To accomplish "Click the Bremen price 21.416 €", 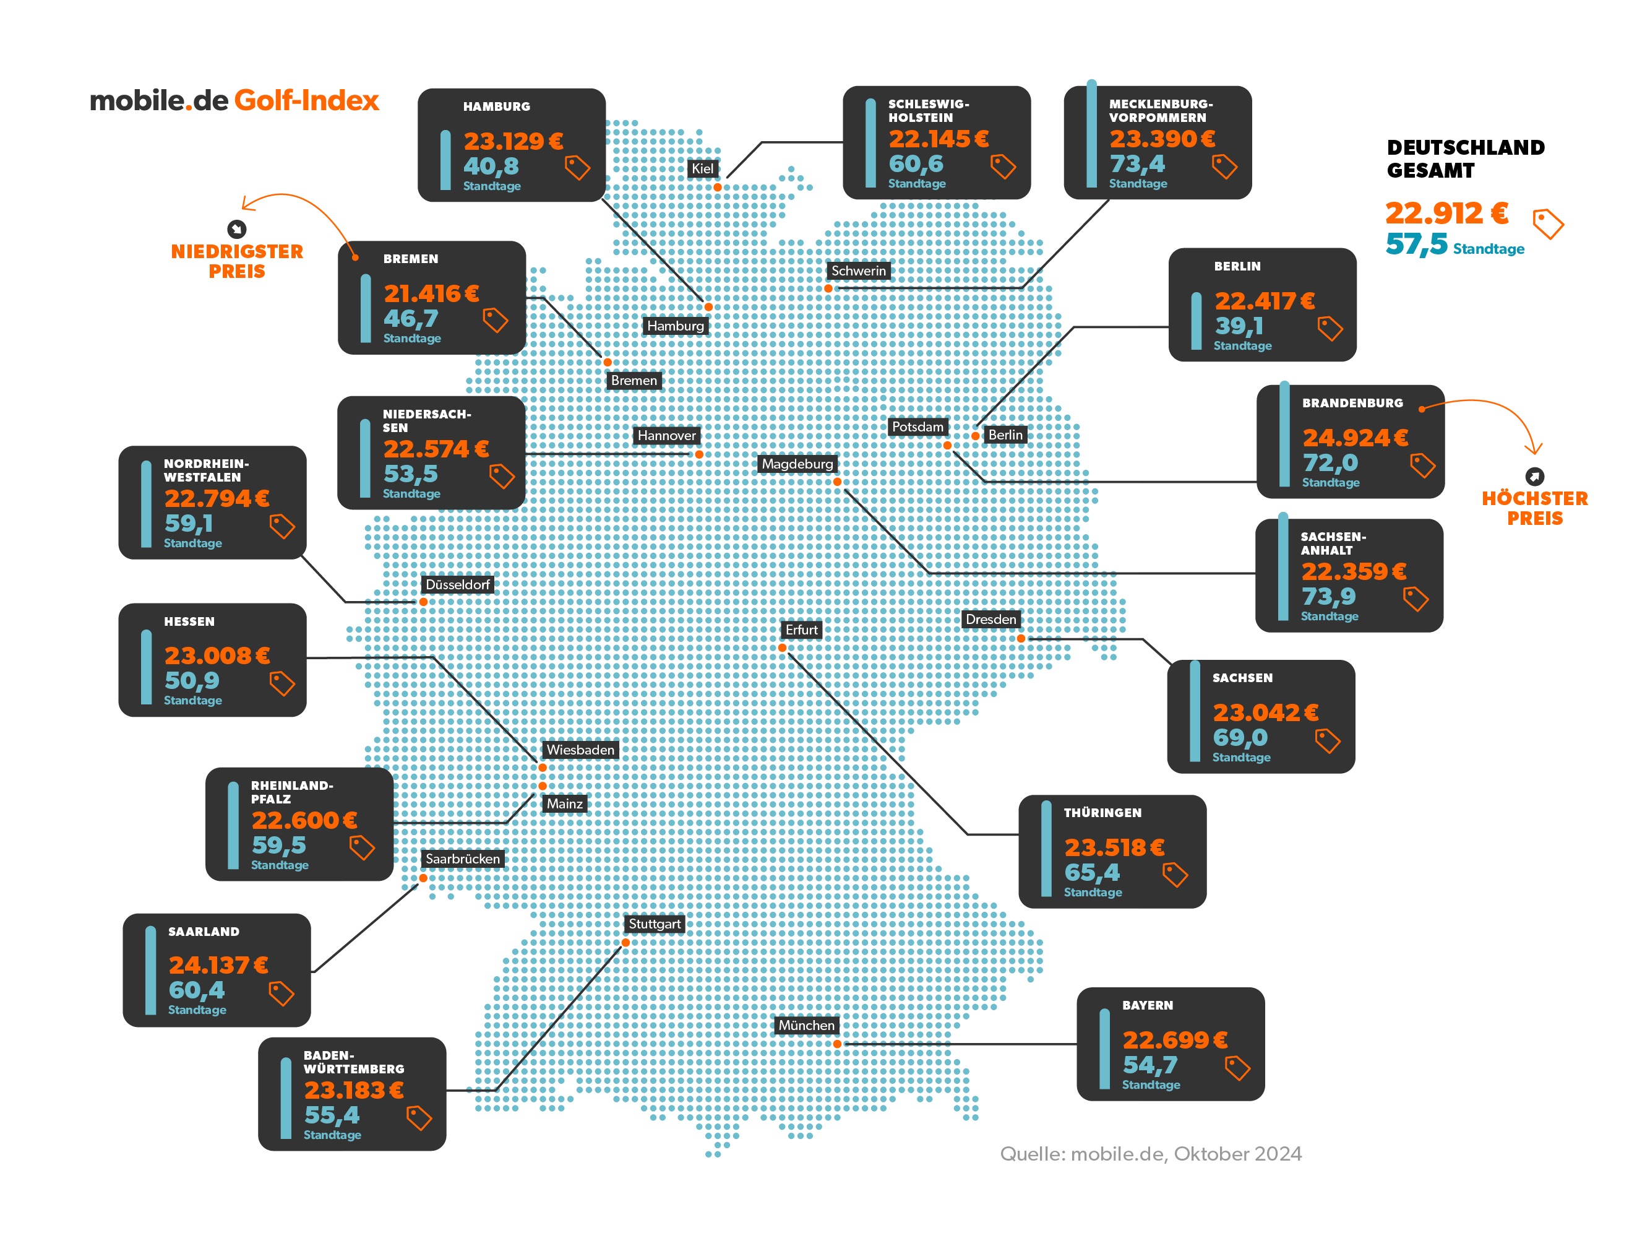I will [x=431, y=293].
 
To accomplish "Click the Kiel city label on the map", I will [x=702, y=168].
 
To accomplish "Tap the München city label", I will [x=806, y=1025].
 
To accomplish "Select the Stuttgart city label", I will [x=654, y=924].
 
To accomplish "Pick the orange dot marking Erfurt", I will [x=782, y=647].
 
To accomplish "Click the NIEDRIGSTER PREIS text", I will [x=236, y=261].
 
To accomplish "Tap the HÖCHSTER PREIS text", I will [x=1534, y=508].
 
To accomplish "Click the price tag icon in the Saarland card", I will [x=281, y=993].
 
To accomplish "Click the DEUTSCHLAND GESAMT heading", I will [x=1465, y=159].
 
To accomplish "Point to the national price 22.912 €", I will [x=1446, y=214].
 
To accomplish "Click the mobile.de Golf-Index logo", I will [x=234, y=101].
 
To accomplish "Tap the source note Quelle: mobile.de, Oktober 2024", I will [x=1150, y=1154].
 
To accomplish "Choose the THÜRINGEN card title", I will [x=1102, y=813].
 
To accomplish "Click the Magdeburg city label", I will [x=797, y=464].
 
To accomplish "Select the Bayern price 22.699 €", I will [x=1174, y=1039].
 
